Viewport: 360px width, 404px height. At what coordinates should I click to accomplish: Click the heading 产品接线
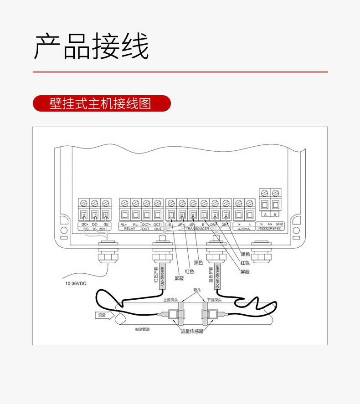coord(92,46)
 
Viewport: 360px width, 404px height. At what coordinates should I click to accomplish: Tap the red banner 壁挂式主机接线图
coord(101,104)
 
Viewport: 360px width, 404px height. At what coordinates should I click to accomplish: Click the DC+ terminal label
coord(84,225)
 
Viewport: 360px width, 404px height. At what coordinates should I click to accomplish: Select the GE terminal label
coord(106,225)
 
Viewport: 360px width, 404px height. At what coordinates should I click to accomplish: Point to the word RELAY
coord(130,229)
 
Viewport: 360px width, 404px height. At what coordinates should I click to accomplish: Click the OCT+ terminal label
coord(146,225)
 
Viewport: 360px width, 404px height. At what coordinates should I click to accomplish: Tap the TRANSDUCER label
coord(198,229)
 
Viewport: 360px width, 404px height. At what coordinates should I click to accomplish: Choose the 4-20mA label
coord(244,229)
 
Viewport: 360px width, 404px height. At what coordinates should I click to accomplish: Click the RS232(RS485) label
coord(271,229)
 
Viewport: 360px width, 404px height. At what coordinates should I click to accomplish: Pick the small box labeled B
coord(275,214)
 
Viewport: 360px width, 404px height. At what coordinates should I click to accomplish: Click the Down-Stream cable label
coord(217,276)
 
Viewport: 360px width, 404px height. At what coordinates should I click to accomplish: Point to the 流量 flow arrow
coord(102,315)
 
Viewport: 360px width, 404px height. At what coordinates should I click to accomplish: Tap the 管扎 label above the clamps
coord(197,290)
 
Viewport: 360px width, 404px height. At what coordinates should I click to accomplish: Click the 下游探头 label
coord(214,300)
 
